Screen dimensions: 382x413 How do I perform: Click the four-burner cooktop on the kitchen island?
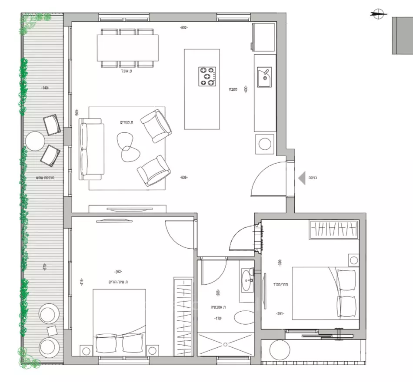[x=207, y=76]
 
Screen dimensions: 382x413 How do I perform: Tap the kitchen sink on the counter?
[x=264, y=77]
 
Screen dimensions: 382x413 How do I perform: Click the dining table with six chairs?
[x=127, y=48]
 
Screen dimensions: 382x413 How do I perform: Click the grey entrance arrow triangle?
[x=301, y=178]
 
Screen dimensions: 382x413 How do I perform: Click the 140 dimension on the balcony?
[x=45, y=88]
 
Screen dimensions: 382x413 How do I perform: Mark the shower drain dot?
[x=225, y=345]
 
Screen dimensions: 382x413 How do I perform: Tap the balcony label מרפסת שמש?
[x=45, y=178]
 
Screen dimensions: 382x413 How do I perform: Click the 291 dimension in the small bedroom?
[x=280, y=313]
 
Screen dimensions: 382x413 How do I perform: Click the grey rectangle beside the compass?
[x=402, y=36]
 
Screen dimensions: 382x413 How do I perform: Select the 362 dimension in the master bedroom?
[x=117, y=272]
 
